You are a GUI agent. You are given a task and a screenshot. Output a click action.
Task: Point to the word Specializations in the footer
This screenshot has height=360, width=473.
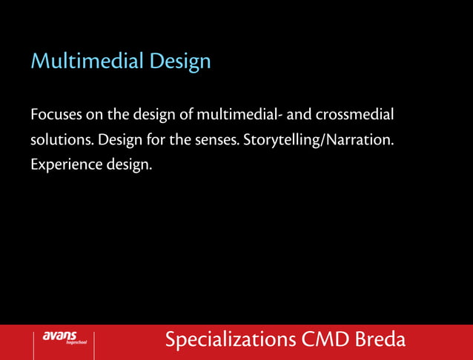tap(231, 340)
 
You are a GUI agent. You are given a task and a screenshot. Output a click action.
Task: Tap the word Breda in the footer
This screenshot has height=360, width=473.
tap(380, 340)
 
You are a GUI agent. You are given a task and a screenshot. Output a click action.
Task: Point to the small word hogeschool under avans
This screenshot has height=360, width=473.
tap(77, 344)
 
